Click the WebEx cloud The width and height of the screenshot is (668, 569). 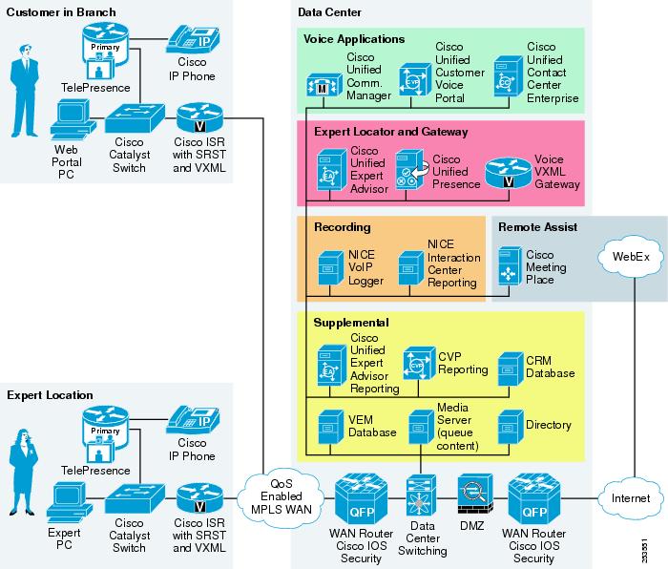click(x=631, y=257)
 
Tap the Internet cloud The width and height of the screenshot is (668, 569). click(x=631, y=497)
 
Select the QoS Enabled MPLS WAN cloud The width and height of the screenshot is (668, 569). click(x=282, y=497)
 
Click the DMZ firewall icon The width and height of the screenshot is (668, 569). click(x=475, y=495)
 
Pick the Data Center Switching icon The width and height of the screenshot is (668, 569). click(x=422, y=495)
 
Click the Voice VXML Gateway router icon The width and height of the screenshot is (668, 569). click(x=509, y=173)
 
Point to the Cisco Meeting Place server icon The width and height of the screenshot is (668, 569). click(x=510, y=266)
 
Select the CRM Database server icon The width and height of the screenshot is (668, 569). click(x=511, y=369)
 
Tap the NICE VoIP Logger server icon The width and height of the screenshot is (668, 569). click(x=330, y=268)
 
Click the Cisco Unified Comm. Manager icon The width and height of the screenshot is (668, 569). click(x=324, y=85)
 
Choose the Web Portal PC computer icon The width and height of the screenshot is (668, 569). click(x=73, y=119)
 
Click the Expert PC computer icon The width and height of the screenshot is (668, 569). click(x=69, y=502)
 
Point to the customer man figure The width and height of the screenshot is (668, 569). click(x=25, y=91)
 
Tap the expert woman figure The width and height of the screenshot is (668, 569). click(x=24, y=472)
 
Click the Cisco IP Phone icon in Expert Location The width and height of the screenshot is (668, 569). click(x=193, y=420)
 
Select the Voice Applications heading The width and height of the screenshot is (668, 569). click(x=354, y=39)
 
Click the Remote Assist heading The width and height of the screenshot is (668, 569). click(x=537, y=227)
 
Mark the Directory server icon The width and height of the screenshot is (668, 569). click(x=511, y=428)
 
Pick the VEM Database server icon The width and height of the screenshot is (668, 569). click(x=330, y=428)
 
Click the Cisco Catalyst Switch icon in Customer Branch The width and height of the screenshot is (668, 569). click(x=135, y=118)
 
